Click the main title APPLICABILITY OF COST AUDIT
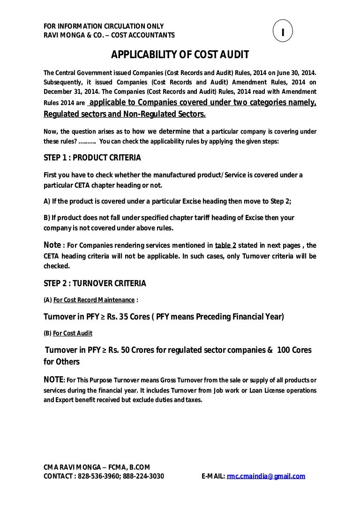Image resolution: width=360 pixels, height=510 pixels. [180, 56]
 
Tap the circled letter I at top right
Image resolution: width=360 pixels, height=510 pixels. [283, 31]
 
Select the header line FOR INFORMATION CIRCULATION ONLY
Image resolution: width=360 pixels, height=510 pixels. [103, 26]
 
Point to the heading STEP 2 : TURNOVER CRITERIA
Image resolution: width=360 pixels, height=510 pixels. [95, 283]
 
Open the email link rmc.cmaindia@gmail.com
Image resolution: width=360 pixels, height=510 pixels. [266, 476]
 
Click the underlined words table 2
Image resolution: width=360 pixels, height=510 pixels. [225, 245]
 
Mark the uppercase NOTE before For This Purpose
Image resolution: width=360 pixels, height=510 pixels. [53, 379]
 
